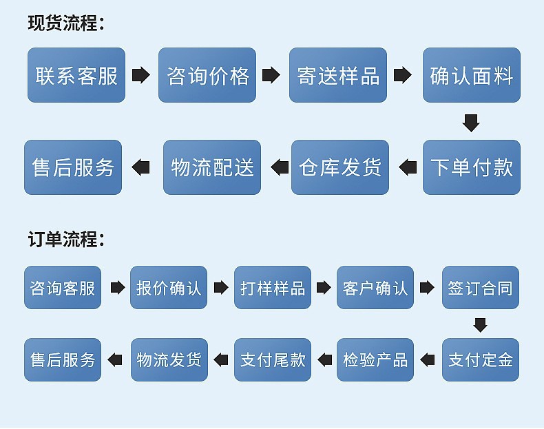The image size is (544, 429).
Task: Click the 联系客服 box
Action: (x=76, y=75)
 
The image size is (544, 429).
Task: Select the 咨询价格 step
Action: (x=207, y=75)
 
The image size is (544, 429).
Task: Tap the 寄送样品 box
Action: (x=338, y=75)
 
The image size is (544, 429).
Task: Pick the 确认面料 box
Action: (x=472, y=75)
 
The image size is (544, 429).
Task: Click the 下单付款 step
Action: (x=472, y=167)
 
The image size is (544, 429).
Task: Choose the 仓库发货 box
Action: (x=340, y=167)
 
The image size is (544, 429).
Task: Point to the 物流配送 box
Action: (x=212, y=167)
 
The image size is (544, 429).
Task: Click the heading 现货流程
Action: (x=65, y=23)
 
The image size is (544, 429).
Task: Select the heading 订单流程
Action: (x=65, y=240)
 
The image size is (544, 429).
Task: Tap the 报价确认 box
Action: (x=169, y=287)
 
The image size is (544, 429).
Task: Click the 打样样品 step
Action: (x=273, y=287)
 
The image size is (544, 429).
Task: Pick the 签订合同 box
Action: (x=480, y=287)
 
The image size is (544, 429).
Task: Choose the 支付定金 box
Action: (x=480, y=359)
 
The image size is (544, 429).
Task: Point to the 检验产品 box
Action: (x=375, y=359)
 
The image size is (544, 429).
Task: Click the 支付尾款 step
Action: (x=273, y=359)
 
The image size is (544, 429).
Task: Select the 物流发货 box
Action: (x=169, y=359)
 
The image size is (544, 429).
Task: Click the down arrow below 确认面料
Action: (x=471, y=122)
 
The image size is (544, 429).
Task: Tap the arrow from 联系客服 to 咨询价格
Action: (x=141, y=75)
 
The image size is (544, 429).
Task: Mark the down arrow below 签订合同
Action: (x=480, y=324)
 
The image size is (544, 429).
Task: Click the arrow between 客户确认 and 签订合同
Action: (x=428, y=287)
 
